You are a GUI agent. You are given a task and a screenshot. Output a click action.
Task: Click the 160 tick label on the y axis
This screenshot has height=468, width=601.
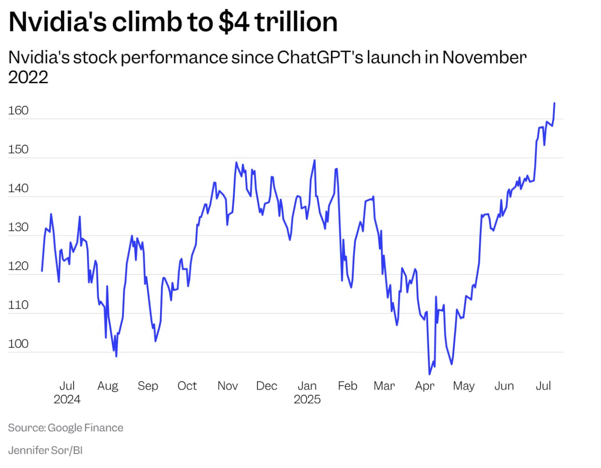[18, 110]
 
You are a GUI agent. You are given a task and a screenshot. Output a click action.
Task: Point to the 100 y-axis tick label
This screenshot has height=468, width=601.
[18, 343]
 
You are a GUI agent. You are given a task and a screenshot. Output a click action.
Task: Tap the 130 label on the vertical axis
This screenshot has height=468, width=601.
[18, 227]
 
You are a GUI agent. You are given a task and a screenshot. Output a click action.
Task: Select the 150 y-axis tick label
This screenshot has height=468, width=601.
[18, 149]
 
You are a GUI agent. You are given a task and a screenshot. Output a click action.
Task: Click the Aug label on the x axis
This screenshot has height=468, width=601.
[108, 386]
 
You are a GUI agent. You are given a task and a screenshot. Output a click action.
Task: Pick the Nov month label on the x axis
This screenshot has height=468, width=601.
[227, 386]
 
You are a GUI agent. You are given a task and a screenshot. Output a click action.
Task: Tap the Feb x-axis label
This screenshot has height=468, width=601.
[347, 386]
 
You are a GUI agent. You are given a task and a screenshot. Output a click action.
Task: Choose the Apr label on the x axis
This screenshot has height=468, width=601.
[424, 386]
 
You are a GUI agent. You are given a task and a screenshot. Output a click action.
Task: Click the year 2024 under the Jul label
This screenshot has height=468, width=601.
[67, 399]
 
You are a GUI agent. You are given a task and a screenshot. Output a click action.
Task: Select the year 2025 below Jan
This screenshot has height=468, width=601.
[307, 399]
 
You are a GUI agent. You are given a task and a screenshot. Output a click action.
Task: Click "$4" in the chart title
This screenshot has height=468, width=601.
[234, 22]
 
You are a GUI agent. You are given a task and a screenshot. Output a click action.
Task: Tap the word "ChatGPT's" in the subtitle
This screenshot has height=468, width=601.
[320, 57]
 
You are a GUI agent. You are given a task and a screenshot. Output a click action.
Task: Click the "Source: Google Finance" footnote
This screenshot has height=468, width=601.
[66, 428]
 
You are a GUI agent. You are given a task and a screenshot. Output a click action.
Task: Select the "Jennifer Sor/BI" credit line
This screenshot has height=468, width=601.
[45, 450]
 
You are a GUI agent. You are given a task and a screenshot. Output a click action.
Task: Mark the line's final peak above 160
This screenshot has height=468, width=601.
[555, 103]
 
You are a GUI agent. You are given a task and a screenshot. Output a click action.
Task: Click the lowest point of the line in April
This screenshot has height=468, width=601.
[429, 374]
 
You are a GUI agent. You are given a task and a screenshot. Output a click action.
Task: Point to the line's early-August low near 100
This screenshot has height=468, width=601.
[116, 356]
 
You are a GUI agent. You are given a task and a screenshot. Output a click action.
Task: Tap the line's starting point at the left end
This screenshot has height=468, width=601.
[42, 271]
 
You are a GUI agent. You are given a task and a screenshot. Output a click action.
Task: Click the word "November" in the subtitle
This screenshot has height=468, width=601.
[484, 57]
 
